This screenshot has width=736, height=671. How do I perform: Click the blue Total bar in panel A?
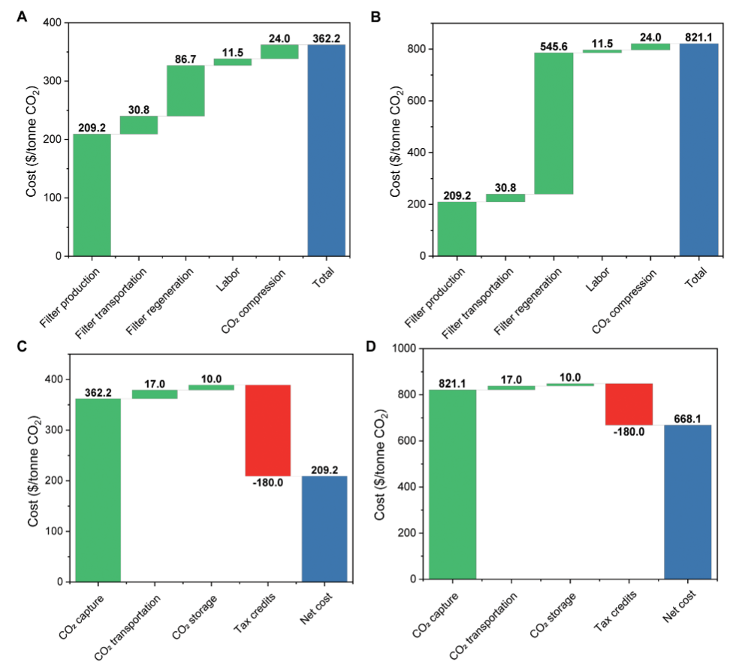pyautogui.click(x=327, y=150)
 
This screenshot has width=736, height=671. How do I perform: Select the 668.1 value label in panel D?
pyautogui.click(x=687, y=418)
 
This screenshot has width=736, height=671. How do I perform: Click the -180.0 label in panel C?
pyautogui.click(x=267, y=483)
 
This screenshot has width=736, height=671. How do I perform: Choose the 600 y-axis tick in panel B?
pyautogui.click(x=422, y=101)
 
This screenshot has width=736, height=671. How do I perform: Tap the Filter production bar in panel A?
pyautogui.click(x=92, y=195)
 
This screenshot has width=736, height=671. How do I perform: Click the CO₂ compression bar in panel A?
pyautogui.click(x=279, y=51)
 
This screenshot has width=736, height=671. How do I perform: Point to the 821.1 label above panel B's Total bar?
pyautogui.click(x=698, y=37)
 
